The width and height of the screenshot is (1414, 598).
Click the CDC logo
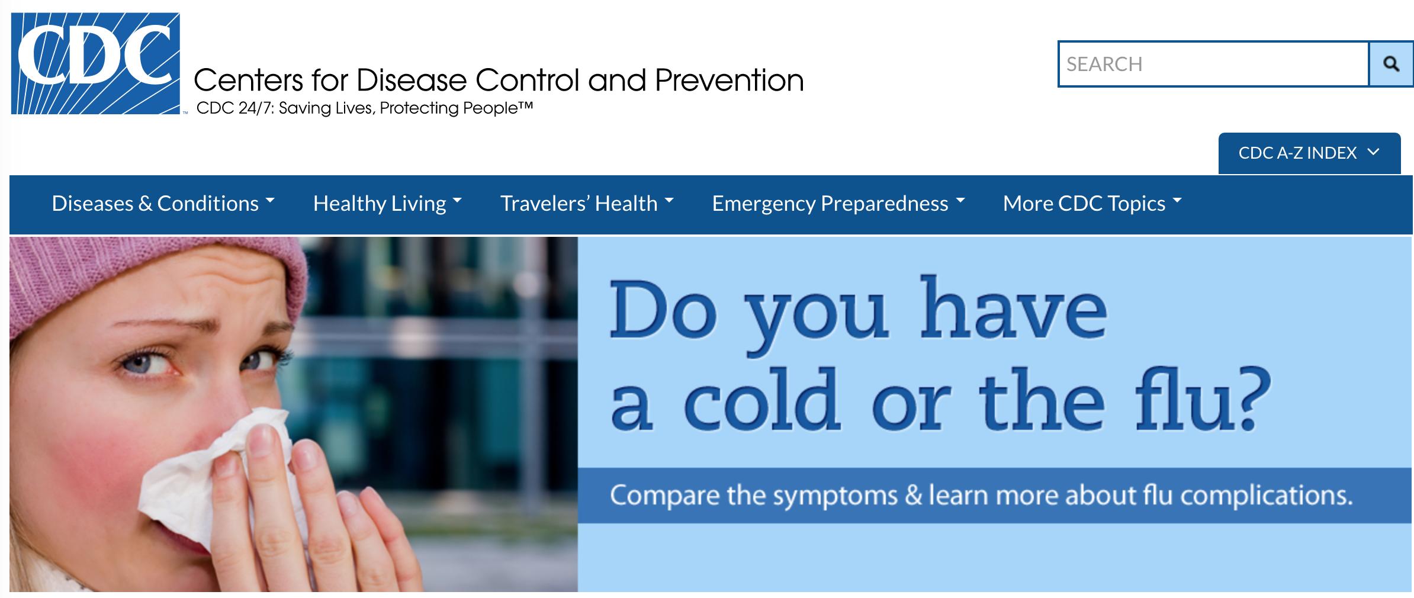95,63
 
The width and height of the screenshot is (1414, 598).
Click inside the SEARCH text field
1213,64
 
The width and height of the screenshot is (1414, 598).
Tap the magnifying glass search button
1391,64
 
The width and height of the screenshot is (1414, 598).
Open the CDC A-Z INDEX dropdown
1309,153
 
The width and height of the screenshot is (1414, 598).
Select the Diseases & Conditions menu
163,204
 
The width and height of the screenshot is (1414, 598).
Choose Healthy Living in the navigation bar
387,204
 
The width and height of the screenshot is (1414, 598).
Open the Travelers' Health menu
587,204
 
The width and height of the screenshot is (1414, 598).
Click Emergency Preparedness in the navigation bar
838,204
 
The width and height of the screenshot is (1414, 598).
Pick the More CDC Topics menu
1092,204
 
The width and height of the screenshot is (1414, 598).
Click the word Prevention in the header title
729,80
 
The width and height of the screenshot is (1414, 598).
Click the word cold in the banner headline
762,400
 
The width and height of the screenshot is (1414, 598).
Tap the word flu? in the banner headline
1203,398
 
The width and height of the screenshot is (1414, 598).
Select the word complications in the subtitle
1267,496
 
